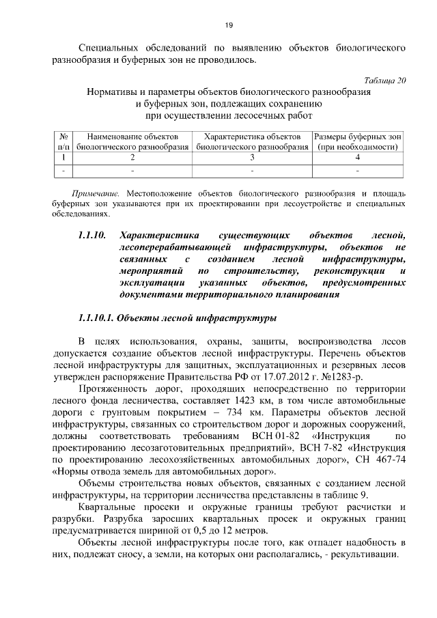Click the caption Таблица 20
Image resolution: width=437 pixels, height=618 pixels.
coord(383,79)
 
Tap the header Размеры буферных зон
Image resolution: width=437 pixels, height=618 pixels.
coord(357,137)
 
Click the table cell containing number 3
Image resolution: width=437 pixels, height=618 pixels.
coord(252,157)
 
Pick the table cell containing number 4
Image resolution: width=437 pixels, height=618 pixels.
coord(357,157)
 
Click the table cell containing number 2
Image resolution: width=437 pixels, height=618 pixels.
coord(132,157)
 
